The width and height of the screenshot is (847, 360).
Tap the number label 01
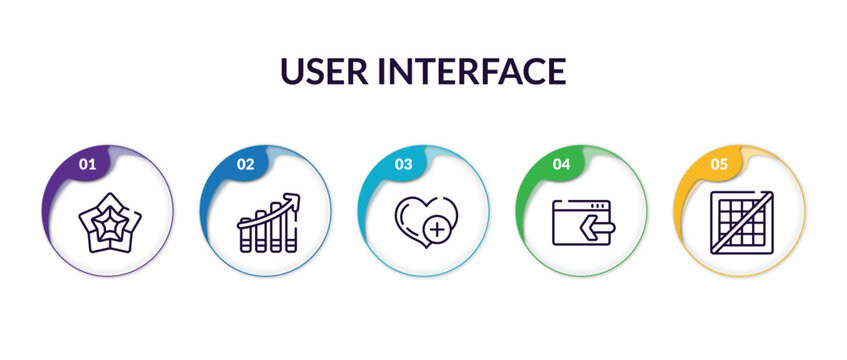87,164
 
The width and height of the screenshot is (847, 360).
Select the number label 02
245,164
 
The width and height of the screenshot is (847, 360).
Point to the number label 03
403,164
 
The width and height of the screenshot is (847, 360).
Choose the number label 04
561,164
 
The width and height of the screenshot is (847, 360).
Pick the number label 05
719,164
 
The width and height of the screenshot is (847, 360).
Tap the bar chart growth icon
267,222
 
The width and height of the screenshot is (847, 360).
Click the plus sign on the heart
436,231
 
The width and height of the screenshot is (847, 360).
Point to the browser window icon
582,222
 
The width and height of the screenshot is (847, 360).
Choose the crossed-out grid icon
741,221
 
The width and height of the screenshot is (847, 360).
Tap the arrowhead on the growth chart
292,199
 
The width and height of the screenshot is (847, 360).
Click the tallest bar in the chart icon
290,229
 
